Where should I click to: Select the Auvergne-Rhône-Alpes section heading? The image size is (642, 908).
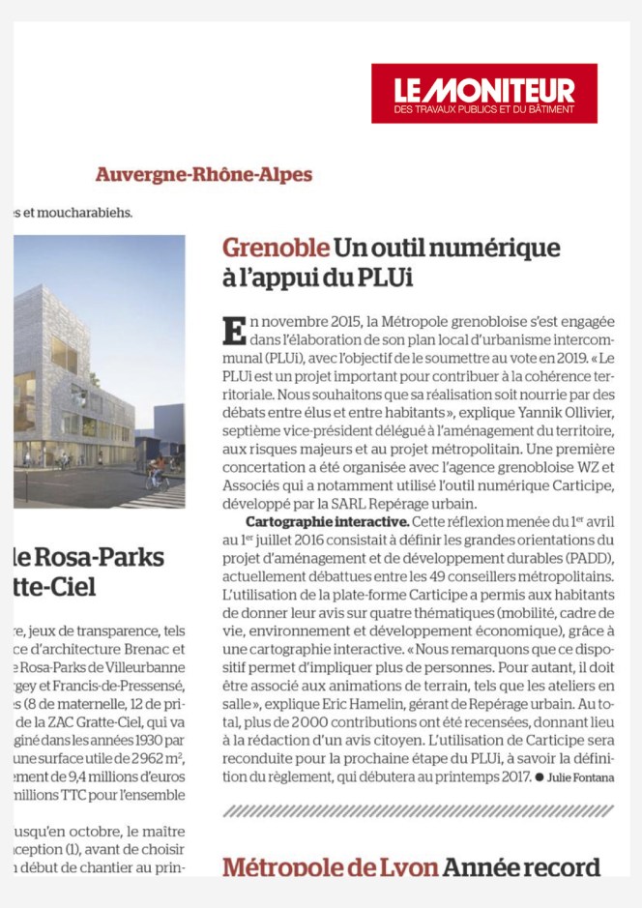pyautogui.click(x=203, y=175)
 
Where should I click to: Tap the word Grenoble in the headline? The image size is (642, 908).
pyautogui.click(x=275, y=248)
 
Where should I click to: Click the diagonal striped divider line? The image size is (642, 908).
pyautogui.click(x=419, y=811)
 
